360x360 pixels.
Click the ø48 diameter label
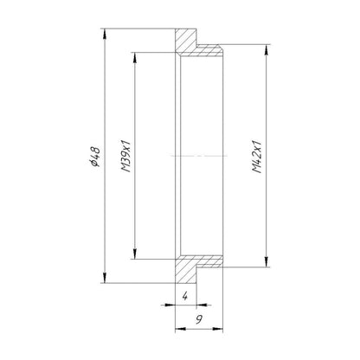click(x=95, y=157)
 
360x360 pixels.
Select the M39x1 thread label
click(x=126, y=157)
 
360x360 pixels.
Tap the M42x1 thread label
click(x=257, y=157)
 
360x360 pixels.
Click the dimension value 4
click(x=185, y=296)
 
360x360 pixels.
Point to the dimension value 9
click(x=199, y=319)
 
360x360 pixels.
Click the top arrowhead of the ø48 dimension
click(x=105, y=34)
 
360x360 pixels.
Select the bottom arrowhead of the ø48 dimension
click(x=105, y=278)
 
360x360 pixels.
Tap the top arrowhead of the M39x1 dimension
click(x=135, y=58)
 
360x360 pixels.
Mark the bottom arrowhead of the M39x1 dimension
click(x=135, y=254)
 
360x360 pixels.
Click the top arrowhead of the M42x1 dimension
click(x=266, y=50)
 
